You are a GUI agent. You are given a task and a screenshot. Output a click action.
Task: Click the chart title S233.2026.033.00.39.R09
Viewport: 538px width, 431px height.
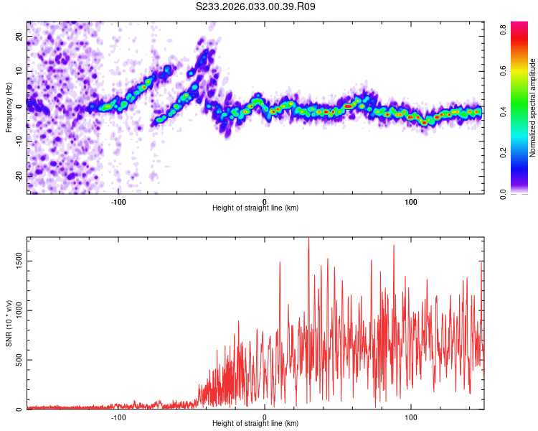click(x=256, y=6)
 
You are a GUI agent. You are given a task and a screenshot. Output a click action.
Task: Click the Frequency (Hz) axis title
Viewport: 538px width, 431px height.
click(x=9, y=108)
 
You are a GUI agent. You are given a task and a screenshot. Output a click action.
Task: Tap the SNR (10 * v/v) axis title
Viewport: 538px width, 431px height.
click(x=9, y=323)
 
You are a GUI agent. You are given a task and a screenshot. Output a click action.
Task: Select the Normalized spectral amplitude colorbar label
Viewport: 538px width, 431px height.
click(x=533, y=108)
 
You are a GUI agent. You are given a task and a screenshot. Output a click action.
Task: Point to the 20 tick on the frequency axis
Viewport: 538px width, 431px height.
click(x=19, y=36)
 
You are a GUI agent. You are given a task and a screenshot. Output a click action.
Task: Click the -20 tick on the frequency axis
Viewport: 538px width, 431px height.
click(x=18, y=175)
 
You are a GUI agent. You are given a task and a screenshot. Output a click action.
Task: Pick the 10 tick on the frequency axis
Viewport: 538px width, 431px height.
click(x=19, y=71)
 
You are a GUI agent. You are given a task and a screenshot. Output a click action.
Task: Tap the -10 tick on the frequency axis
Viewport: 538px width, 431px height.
click(x=18, y=141)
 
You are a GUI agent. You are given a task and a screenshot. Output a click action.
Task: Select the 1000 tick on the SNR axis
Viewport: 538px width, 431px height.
click(x=19, y=311)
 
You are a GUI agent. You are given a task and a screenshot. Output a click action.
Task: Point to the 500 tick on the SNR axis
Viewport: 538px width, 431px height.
click(x=19, y=360)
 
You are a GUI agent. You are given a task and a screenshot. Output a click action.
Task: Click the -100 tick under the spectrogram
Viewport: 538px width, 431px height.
click(x=118, y=200)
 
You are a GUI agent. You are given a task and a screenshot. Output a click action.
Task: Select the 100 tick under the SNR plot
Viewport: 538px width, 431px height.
click(x=411, y=416)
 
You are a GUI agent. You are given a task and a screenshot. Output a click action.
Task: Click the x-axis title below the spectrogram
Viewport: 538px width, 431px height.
click(x=255, y=208)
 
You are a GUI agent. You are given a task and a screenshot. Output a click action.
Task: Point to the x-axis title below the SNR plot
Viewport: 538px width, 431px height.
click(x=255, y=423)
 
